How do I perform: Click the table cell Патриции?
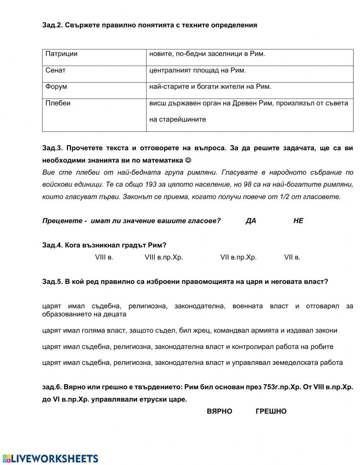pos(62,54)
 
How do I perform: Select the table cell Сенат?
pos(55,71)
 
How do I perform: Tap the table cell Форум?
pos(56,87)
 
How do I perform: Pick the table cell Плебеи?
pos(58,103)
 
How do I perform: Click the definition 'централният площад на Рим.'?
pos(197,71)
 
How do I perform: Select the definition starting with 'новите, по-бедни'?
pos(207,54)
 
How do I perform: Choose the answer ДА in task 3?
pos(251,221)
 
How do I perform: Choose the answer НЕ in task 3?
pos(298,221)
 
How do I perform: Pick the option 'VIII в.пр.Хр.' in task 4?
pos(164,258)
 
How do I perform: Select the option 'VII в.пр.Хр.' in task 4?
pos(238,258)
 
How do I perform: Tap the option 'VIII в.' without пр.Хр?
pos(104,258)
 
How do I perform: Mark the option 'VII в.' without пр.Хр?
pos(292,258)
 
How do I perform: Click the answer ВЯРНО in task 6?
pos(219,411)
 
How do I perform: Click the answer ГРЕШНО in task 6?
pos(271,411)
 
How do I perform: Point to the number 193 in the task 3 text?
pos(151,185)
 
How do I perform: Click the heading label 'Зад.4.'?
pos(53,245)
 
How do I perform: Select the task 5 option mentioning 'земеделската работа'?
pos(192,363)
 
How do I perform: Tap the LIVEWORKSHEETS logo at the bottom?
pos(50,459)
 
